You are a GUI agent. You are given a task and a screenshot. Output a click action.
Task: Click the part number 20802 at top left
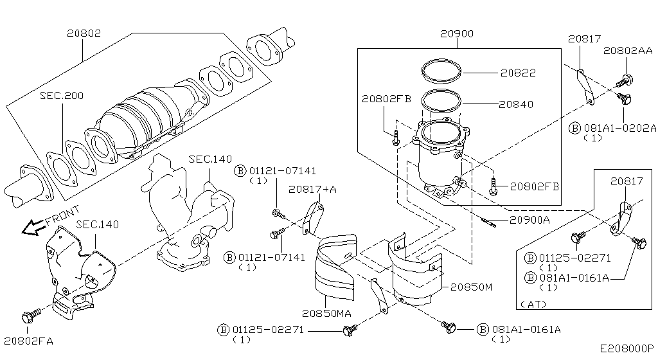pos(84,31)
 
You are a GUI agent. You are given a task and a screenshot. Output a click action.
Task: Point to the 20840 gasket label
pos(517,104)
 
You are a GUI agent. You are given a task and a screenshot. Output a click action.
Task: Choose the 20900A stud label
pos(530,220)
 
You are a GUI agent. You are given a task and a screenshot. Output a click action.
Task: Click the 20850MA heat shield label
pos(327,314)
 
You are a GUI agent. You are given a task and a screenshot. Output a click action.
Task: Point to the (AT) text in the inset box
pos(532,303)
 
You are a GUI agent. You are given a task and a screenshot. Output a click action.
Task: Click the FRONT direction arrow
pos(30,227)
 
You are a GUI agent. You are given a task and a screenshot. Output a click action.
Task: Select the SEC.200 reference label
pos(61,94)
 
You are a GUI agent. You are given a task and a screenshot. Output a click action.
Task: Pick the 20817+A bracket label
pos(312,189)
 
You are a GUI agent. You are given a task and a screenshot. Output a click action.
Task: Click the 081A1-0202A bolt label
pos(619,128)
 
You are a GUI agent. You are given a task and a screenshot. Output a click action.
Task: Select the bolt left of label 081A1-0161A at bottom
pos(449,328)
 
